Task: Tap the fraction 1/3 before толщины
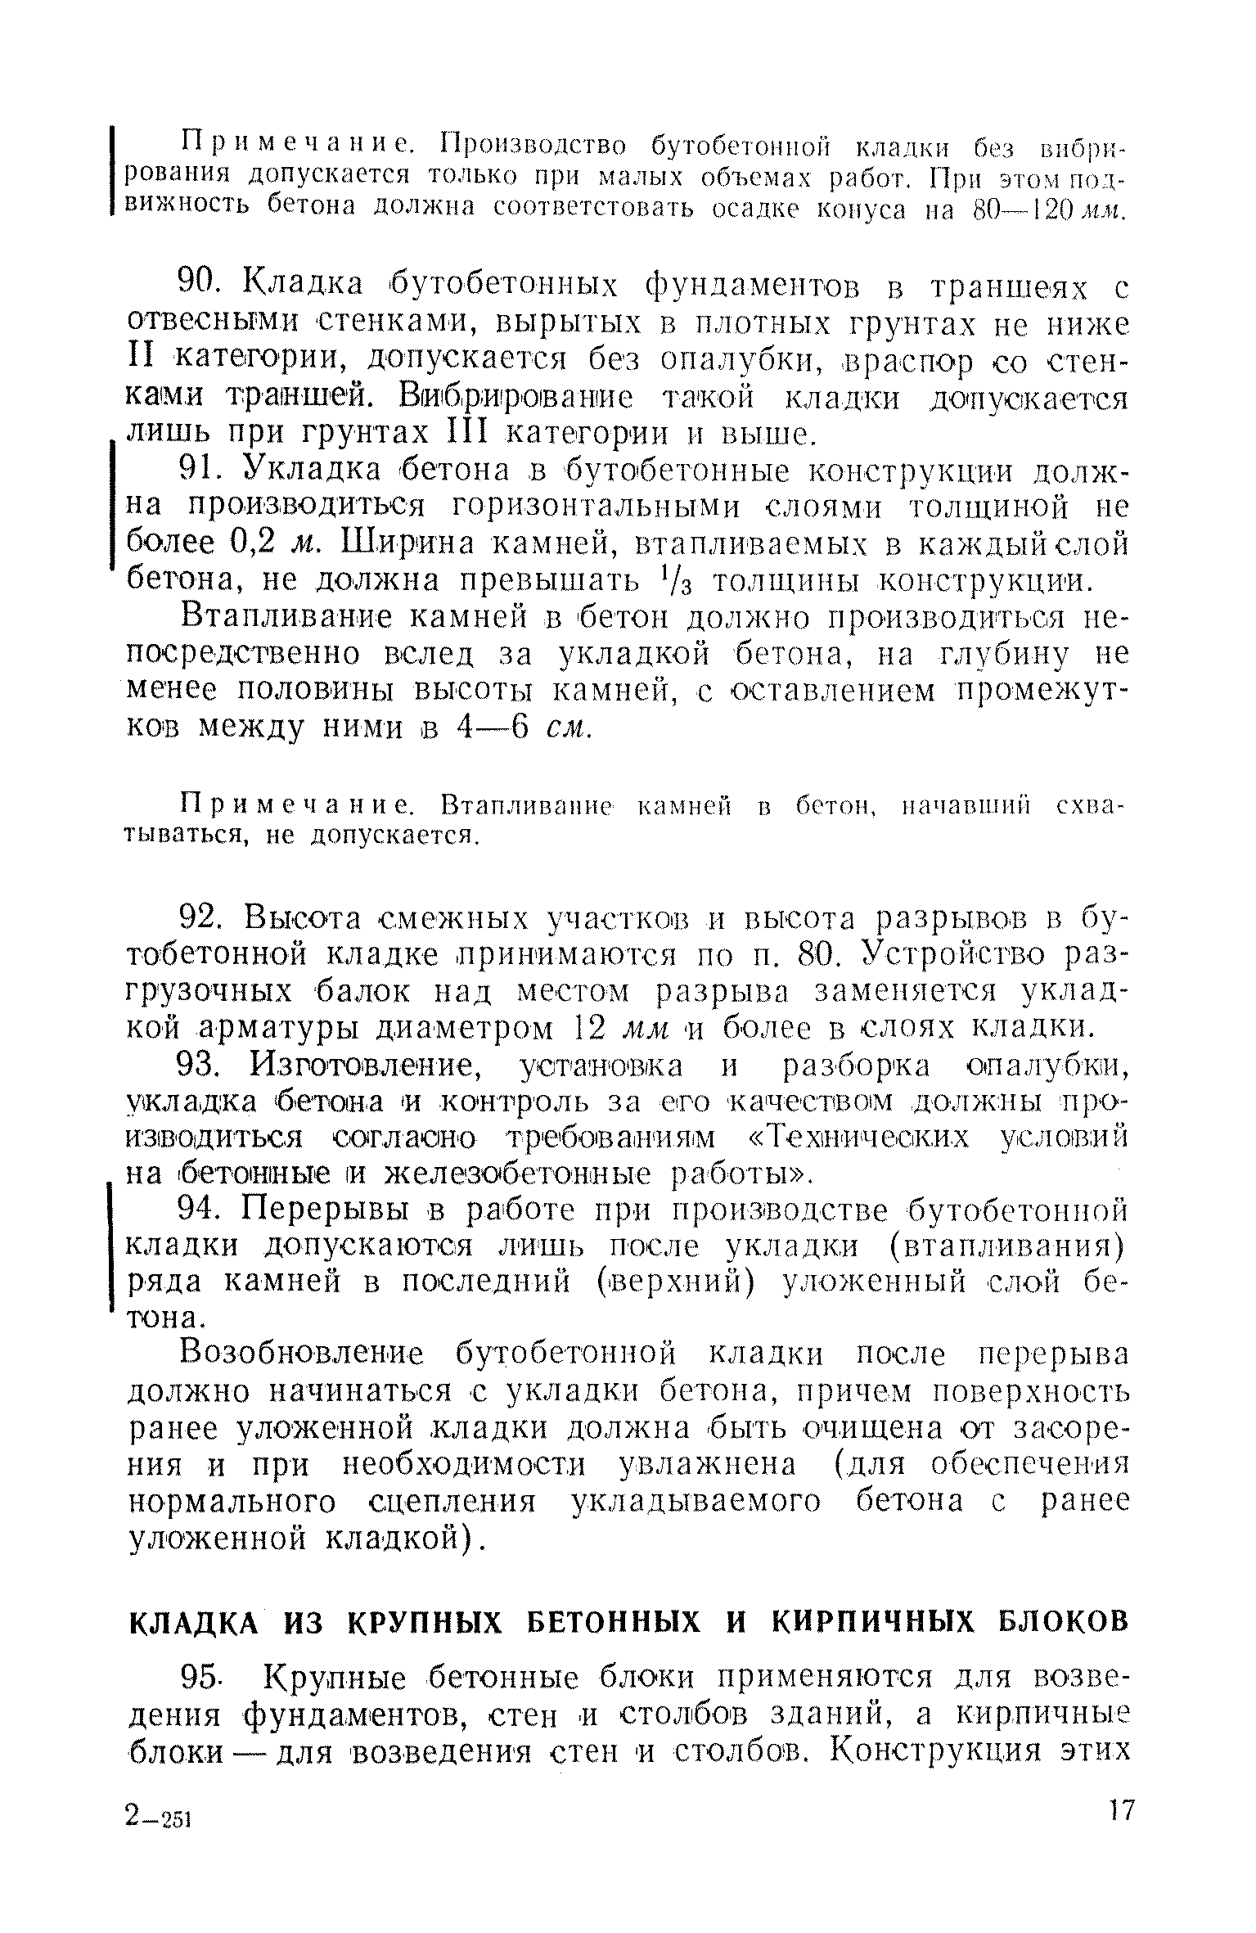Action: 690,582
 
